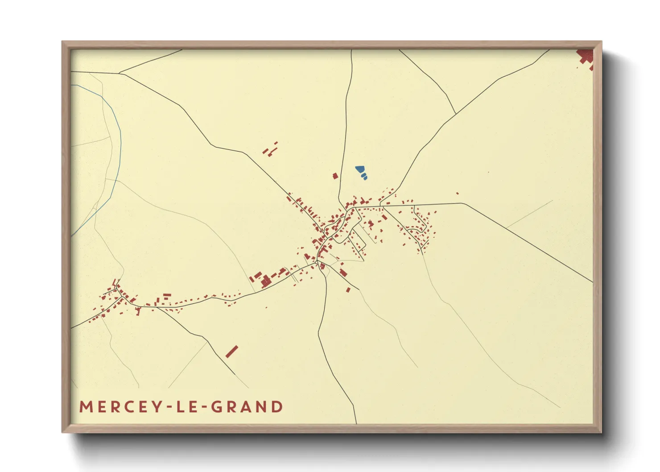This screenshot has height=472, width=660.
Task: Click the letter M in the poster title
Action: (x=86, y=407)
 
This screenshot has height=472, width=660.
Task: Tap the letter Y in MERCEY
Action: (x=156, y=407)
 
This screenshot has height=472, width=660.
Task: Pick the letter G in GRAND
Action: (x=216, y=407)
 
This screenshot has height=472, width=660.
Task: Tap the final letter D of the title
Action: (x=278, y=407)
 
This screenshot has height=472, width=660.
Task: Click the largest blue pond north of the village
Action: (x=359, y=170)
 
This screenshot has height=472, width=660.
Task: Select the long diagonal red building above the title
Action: (x=231, y=352)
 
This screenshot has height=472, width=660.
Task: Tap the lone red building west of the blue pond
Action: (x=335, y=176)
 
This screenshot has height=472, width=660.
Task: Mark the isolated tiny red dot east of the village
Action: (x=458, y=193)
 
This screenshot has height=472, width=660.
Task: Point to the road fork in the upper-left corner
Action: (x=120, y=73)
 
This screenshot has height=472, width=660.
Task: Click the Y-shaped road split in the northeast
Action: (x=455, y=114)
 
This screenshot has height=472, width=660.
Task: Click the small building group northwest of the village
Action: (x=270, y=149)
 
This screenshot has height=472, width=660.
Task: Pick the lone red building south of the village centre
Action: (x=348, y=290)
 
